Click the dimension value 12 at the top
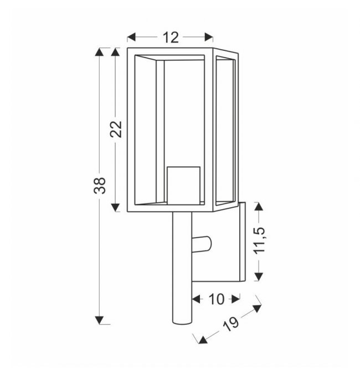tap(171, 38)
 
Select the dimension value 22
tap(116, 129)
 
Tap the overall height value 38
tap(100, 186)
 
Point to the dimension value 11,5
tap(260, 241)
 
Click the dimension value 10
tap(217, 299)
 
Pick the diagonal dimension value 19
tap(231, 324)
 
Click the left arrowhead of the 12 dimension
tap(131, 37)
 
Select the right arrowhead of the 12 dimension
tap(209, 37)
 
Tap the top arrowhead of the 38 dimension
tap(99, 52)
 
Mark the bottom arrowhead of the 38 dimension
tap(99, 320)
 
